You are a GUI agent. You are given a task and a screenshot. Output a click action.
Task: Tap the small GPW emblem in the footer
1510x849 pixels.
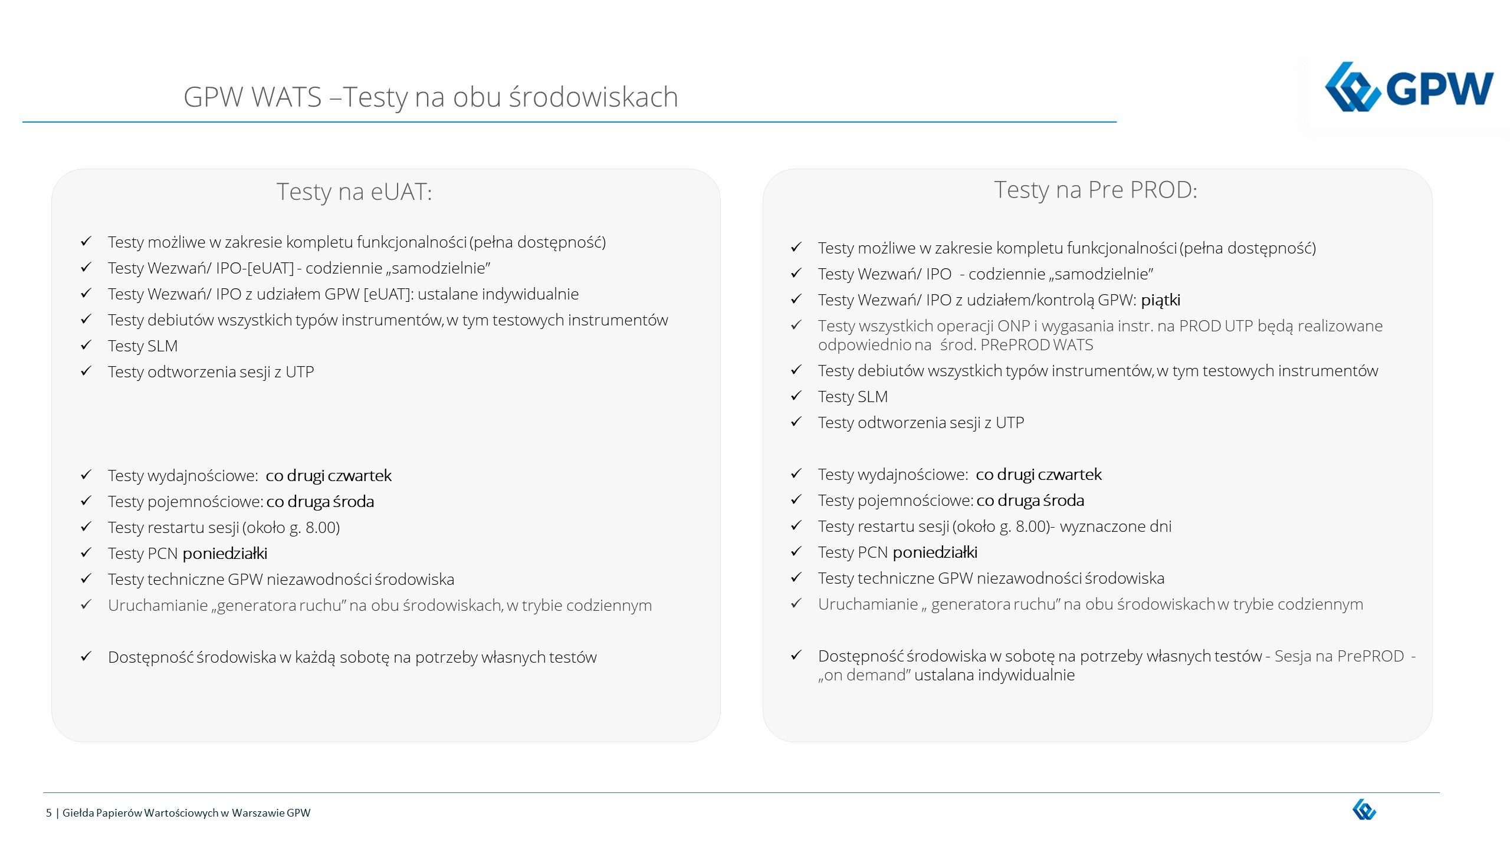coord(1364,810)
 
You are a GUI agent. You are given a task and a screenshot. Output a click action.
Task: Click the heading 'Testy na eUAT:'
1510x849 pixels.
coord(354,192)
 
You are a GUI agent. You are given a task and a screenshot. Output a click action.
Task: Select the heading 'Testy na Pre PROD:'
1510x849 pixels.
coord(1095,190)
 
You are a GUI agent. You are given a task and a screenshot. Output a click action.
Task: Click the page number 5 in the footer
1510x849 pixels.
coord(49,813)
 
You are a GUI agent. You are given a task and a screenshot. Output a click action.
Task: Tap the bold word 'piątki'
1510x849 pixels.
coord(1160,300)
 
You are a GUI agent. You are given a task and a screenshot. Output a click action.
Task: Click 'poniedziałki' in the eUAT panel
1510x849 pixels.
coord(225,554)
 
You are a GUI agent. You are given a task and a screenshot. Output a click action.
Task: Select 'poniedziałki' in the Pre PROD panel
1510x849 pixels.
coord(935,552)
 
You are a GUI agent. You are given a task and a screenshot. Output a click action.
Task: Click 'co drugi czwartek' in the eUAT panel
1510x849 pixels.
coord(328,476)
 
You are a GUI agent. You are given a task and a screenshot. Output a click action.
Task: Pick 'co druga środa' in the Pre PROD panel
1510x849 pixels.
coord(1030,501)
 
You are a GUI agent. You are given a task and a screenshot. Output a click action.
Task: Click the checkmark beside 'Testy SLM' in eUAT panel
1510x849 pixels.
coord(86,345)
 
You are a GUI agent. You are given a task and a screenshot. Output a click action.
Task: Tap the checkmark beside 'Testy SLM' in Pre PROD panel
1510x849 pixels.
coord(796,396)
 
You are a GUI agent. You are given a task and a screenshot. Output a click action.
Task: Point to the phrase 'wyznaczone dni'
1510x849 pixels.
coord(1115,526)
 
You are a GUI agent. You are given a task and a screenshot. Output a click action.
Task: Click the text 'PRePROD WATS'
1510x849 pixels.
coord(1036,345)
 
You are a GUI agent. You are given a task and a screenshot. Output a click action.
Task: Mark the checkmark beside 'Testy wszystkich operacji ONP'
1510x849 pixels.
coord(796,325)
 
